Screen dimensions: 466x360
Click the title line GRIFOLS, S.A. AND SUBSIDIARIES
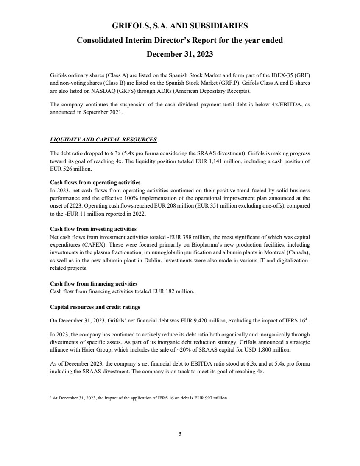[180, 26]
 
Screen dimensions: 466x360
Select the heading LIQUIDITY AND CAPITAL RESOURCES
[103, 139]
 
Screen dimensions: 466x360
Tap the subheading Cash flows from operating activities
[95, 182]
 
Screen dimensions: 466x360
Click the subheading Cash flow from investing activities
[93, 229]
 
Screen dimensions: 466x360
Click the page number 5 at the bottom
[180, 434]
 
